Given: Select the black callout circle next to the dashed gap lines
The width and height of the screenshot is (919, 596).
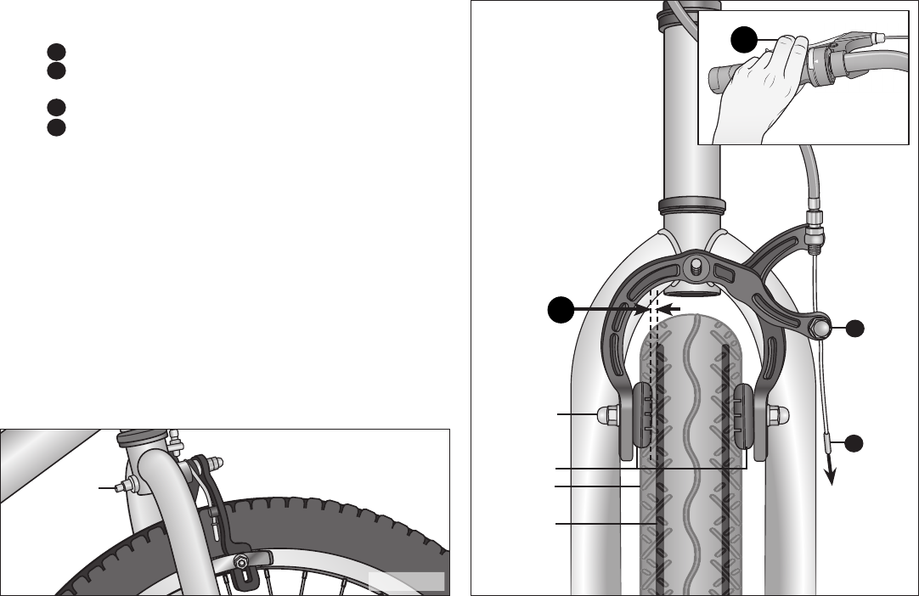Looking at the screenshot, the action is coord(560,310).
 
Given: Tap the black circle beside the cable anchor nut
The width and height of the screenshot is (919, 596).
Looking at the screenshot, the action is coord(855,328).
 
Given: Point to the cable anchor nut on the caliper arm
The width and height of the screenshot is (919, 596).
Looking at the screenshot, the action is coord(820,326).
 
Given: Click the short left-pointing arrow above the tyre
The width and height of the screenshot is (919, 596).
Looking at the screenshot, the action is coord(671,309).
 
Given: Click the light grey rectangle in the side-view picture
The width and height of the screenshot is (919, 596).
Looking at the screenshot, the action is coord(407,581).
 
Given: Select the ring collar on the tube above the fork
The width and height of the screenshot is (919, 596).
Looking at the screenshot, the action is coord(691,206).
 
